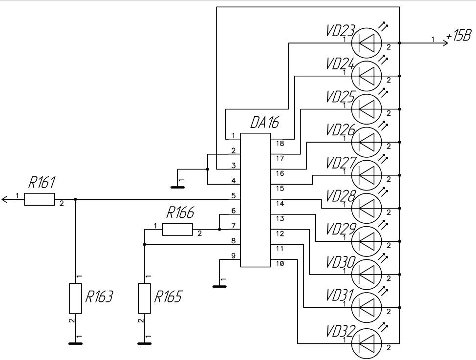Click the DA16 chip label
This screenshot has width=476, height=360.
click(264, 123)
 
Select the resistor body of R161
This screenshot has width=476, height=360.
click(39, 199)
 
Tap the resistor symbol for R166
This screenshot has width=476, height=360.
click(177, 229)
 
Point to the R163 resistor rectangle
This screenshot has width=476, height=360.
click(75, 298)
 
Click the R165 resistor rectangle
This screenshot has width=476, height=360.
click(145, 298)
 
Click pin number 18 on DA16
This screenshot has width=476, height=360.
click(279, 144)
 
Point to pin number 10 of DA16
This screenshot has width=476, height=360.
click(279, 264)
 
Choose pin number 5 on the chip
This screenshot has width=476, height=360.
click(234, 196)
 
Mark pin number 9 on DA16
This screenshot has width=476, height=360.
click(234, 255)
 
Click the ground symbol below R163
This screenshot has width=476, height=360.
click(75, 343)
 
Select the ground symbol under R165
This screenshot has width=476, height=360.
click(145, 343)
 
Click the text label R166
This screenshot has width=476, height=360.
click(180, 213)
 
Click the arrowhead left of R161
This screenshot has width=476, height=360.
click(5, 199)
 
